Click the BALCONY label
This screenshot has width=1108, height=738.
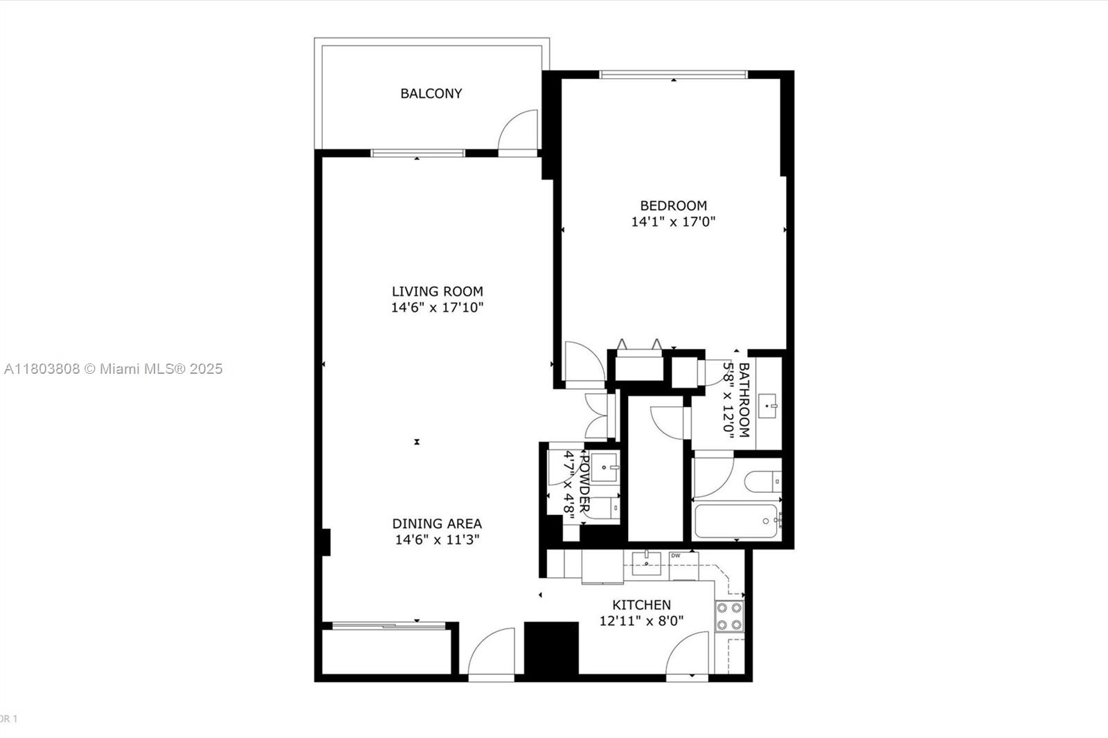coord(431,93)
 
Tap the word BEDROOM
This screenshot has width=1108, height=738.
coord(673,206)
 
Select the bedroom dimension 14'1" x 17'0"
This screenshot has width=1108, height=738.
coord(673,222)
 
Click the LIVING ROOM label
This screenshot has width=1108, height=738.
coord(437,291)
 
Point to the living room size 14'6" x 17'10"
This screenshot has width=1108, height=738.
coord(437,308)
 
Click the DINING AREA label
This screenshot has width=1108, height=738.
coord(437,524)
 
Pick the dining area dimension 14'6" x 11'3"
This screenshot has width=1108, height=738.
coord(437,540)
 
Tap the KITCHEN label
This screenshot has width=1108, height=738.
coord(641,605)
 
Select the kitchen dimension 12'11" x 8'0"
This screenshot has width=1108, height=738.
coord(641,621)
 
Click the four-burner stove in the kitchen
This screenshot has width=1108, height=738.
coord(729,616)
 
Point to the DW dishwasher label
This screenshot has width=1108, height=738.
coord(675,555)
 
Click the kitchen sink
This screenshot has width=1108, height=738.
coord(646,559)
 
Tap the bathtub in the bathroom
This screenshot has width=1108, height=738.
coord(736,521)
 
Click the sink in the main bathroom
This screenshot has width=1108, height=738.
coord(768,406)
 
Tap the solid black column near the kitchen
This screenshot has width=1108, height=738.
coord(551,648)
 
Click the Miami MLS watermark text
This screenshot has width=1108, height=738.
coord(113,369)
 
